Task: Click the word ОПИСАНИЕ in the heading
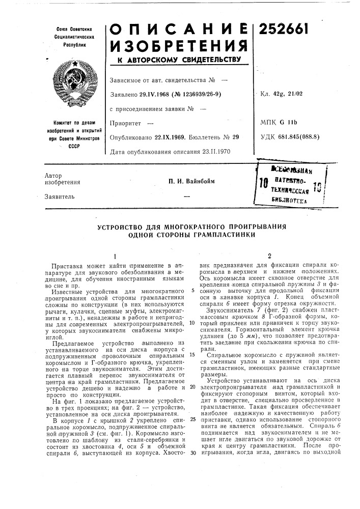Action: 178,29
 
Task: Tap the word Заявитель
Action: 60,196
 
